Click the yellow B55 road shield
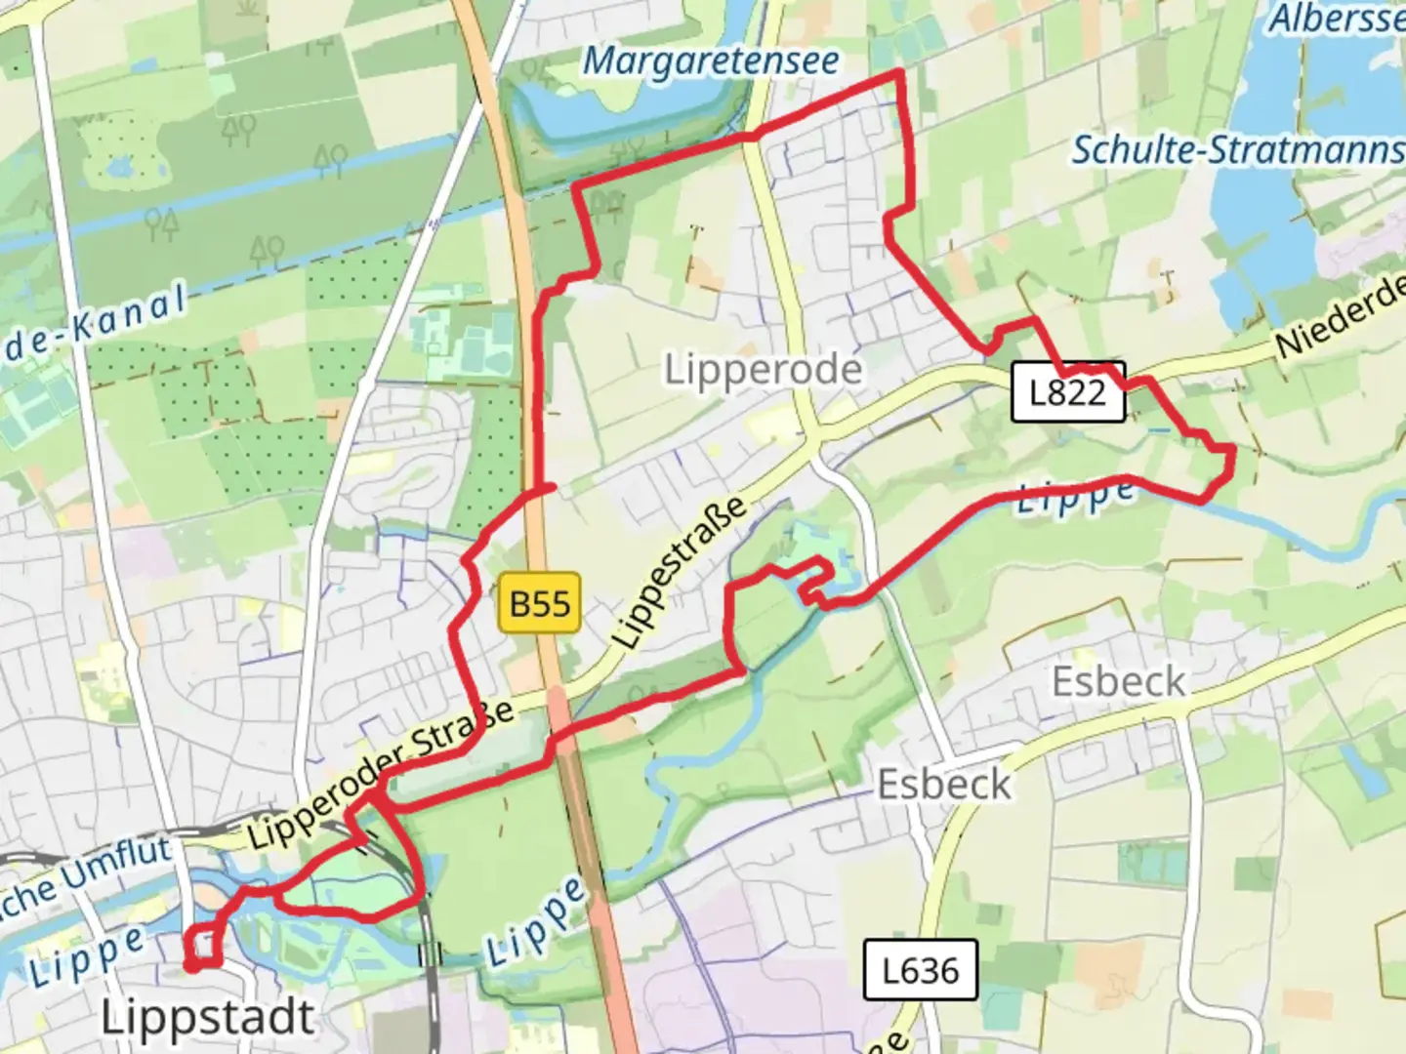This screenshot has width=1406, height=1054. click(540, 603)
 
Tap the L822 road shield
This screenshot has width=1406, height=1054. click(1067, 392)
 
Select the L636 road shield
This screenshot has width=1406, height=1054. click(920, 970)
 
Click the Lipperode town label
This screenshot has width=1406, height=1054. click(764, 370)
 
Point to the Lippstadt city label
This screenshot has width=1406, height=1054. click(208, 1018)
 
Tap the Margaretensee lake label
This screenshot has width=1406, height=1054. click(711, 61)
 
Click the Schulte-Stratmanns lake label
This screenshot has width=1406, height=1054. click(1238, 150)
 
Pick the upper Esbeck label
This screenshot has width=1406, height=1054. click(1119, 680)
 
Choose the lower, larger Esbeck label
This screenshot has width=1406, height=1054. click(944, 784)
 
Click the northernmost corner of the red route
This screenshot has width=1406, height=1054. click(899, 72)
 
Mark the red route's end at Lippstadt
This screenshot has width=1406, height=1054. click(191, 966)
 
